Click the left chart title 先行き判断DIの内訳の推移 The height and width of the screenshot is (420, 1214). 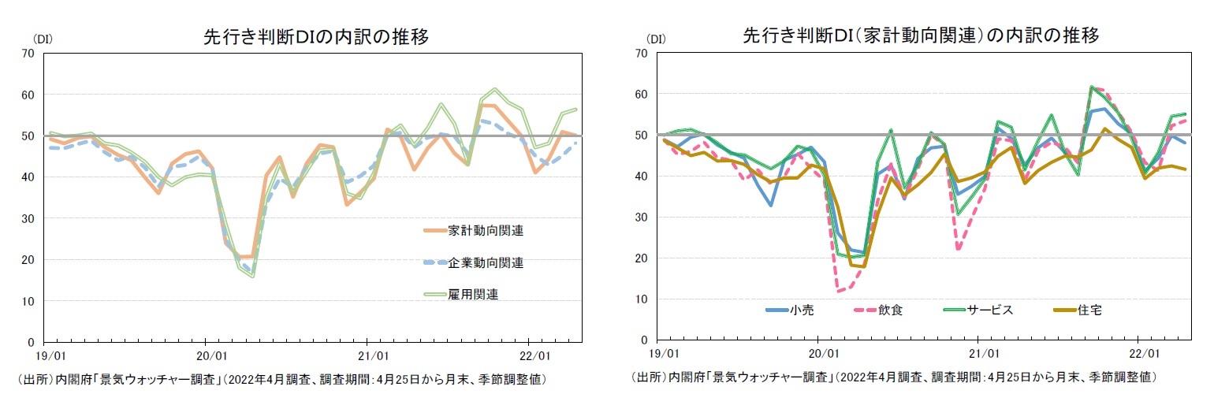(315, 37)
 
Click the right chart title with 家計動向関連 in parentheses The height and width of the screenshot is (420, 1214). (921, 36)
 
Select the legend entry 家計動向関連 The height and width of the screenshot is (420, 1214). (486, 231)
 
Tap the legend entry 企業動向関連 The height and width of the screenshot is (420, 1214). (486, 262)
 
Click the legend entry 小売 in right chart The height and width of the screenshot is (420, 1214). (801, 310)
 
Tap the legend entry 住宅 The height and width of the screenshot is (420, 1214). (1091, 310)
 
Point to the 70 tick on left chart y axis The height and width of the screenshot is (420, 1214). (28, 54)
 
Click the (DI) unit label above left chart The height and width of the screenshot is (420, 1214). (43, 38)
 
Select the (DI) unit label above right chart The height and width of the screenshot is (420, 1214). (655, 38)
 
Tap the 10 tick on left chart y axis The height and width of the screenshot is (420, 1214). (28, 301)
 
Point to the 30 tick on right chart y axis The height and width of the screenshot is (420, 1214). (642, 217)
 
